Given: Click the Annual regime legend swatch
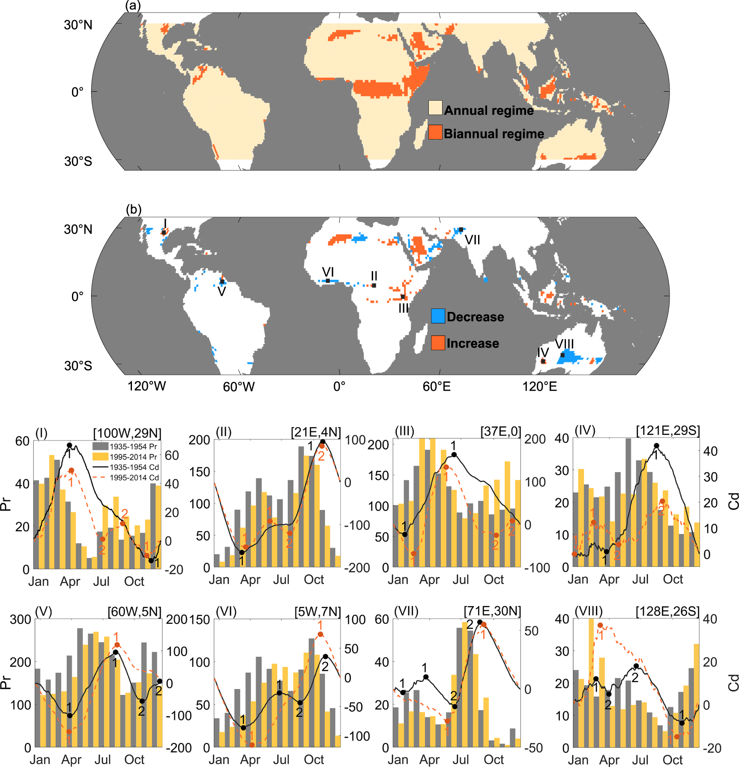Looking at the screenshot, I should (435, 108).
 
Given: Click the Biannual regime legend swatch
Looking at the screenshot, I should (435, 132).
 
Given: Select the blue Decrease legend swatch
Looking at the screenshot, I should (438, 316).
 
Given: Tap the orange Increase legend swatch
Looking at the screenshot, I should (438, 343).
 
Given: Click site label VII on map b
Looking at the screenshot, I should (472, 240).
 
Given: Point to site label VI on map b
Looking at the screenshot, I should (328, 272).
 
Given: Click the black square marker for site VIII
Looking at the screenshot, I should (562, 355).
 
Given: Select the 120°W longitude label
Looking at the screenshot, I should (147, 386).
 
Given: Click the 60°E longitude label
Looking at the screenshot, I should (437, 386).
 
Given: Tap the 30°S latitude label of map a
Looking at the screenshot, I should (78, 161).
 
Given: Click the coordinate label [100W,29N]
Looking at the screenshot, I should (127, 433).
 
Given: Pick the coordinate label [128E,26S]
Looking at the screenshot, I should (667, 611).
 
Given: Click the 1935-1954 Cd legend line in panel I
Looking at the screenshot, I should (101, 467).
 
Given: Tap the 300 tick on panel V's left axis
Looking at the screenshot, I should (21, 619).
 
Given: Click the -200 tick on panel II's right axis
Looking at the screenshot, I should (357, 568).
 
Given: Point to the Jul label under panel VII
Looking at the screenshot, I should (461, 760).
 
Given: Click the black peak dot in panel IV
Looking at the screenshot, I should (656, 446).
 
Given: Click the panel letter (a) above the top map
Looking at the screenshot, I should (133, 6).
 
